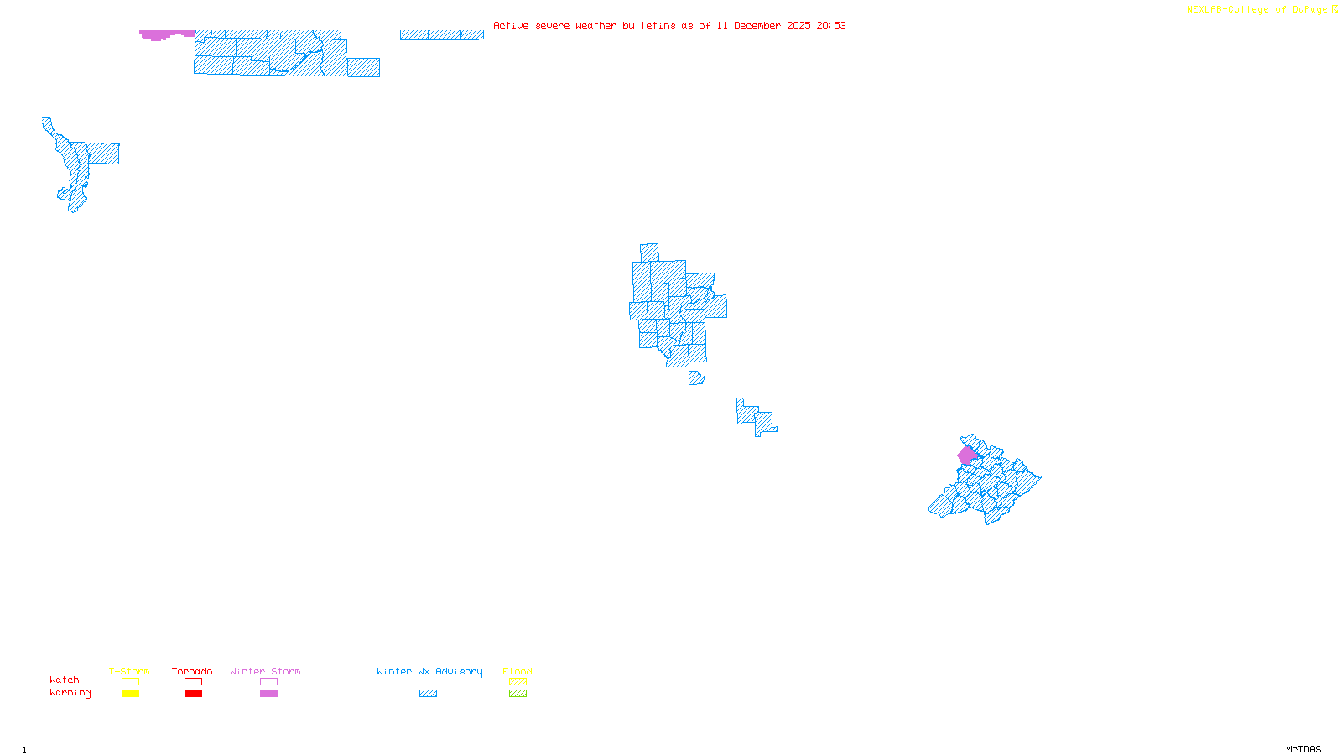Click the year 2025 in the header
798,25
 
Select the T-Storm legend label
129,671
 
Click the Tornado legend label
192,671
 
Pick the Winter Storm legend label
265,671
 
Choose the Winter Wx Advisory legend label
429,671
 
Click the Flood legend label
518,671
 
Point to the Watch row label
65,679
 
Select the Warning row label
70,693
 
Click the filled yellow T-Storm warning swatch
130,694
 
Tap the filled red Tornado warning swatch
193,694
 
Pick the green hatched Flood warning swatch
518,694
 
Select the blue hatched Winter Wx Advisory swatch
428,694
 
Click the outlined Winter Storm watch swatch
268,682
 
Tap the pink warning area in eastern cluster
966,455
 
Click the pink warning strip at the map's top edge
159,34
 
